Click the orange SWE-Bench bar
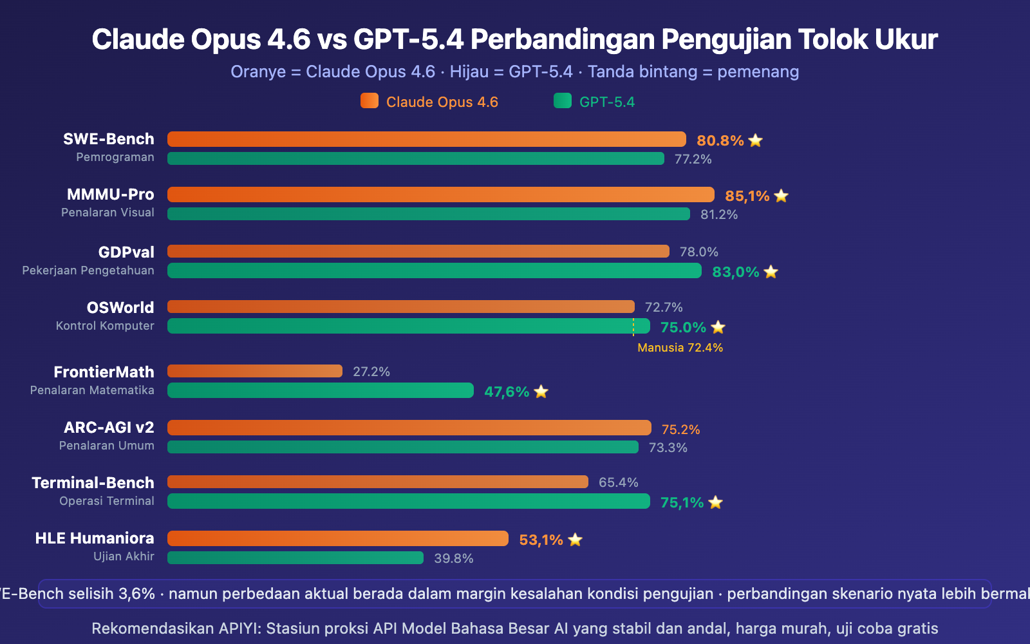click(x=426, y=139)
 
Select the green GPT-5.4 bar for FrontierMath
click(x=320, y=390)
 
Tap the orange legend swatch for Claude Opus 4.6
click(x=370, y=101)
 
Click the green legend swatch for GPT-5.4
click(x=563, y=101)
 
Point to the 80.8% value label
click(x=720, y=140)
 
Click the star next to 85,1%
click(x=781, y=196)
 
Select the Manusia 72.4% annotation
click(x=680, y=348)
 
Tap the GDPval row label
click(x=126, y=252)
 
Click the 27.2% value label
click(x=371, y=372)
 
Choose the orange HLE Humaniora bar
click(x=337, y=538)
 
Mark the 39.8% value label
click(x=453, y=558)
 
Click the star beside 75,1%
click(x=715, y=502)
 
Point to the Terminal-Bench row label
click(x=93, y=482)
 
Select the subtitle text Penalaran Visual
click(x=108, y=213)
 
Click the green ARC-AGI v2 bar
click(x=402, y=447)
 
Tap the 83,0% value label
click(x=735, y=272)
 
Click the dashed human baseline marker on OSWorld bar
click(x=633, y=327)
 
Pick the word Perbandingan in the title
click(x=563, y=39)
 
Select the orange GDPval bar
click(x=418, y=251)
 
